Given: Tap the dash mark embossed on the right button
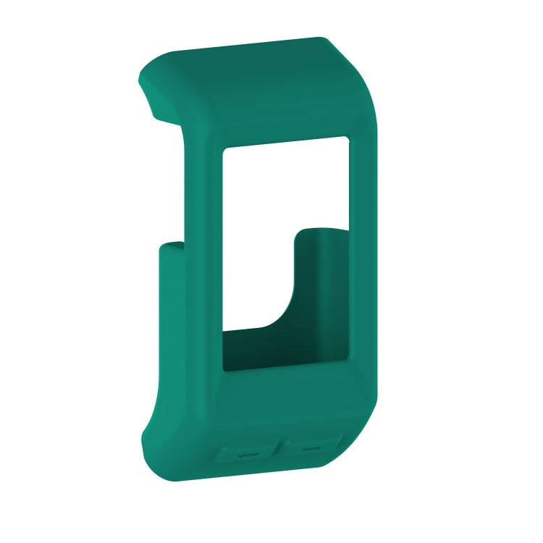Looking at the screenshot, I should (x=311, y=449).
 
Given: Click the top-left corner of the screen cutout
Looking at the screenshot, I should (x=224, y=148).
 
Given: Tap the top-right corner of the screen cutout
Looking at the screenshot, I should (x=348, y=137).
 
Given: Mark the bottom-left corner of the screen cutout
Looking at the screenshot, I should (x=224, y=371).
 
